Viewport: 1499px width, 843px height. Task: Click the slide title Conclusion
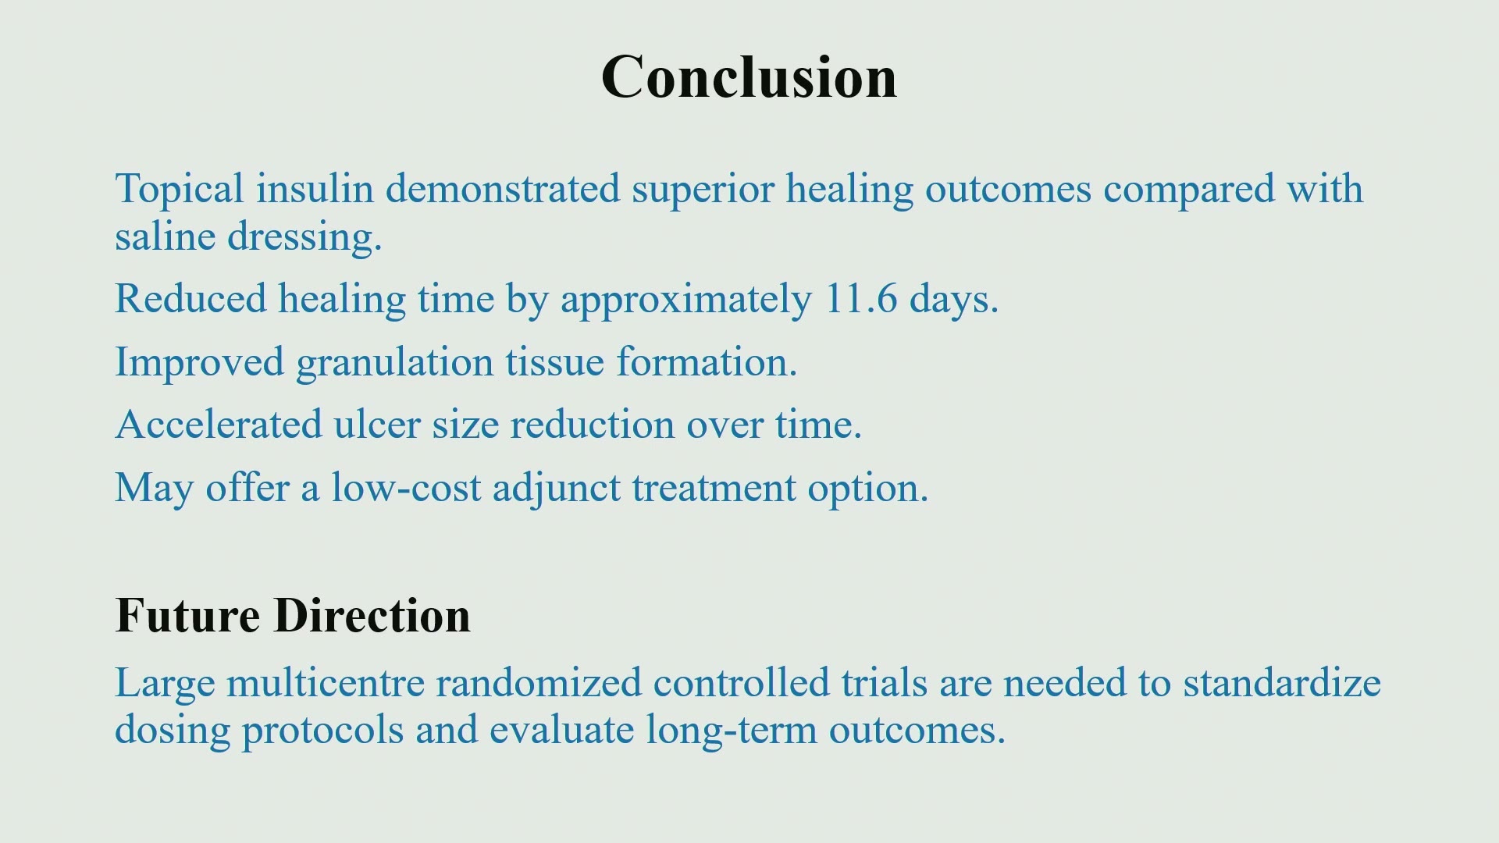[749, 77]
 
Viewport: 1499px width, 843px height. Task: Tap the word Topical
[180, 190]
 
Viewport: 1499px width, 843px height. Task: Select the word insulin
[315, 188]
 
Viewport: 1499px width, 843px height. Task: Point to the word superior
[703, 190]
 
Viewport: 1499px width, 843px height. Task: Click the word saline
[165, 236]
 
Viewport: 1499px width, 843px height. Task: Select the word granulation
[395, 363]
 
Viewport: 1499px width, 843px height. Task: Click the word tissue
[555, 362]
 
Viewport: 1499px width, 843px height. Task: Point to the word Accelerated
[219, 425]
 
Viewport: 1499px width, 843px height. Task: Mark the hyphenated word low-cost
[406, 488]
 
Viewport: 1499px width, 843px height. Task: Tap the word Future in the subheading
[188, 615]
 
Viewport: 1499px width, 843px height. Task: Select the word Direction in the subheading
[372, 615]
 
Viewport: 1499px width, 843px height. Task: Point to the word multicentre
[325, 682]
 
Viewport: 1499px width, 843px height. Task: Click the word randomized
[539, 682]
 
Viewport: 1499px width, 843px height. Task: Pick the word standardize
[1282, 682]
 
